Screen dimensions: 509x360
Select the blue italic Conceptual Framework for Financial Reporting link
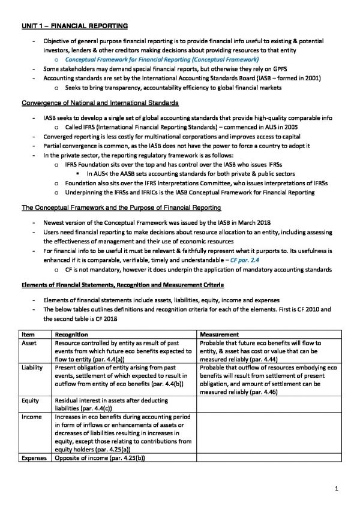click(161, 60)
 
